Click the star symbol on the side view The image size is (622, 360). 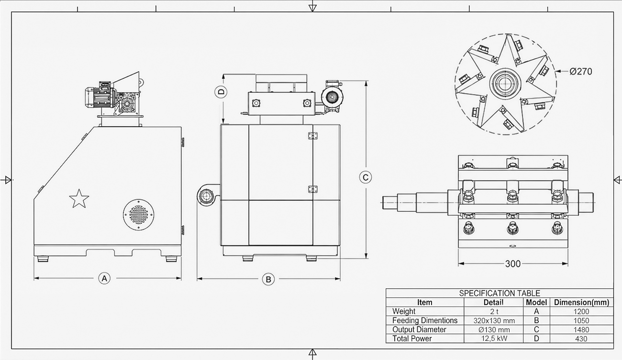click(x=79, y=199)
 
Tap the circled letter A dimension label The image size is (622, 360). click(x=104, y=278)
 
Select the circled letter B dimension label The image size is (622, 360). click(x=268, y=279)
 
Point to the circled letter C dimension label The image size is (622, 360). click(x=366, y=177)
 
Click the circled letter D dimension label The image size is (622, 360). click(x=221, y=92)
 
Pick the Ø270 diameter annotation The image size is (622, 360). click(x=581, y=72)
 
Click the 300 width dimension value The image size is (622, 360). click(x=513, y=264)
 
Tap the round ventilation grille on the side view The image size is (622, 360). click(x=139, y=215)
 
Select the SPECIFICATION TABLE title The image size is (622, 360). click(x=500, y=293)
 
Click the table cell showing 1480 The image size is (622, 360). click(x=581, y=330)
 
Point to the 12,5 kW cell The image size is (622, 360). click(x=494, y=338)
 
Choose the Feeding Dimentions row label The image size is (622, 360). click(x=424, y=321)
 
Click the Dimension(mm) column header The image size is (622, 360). click(x=581, y=302)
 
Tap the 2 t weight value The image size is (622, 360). click(x=494, y=311)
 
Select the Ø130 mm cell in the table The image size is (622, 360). click(x=494, y=330)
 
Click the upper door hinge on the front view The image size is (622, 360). click(x=312, y=136)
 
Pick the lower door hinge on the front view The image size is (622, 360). click(x=312, y=189)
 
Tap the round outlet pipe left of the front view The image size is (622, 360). click(x=206, y=196)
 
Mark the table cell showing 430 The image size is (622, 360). click(x=581, y=339)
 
